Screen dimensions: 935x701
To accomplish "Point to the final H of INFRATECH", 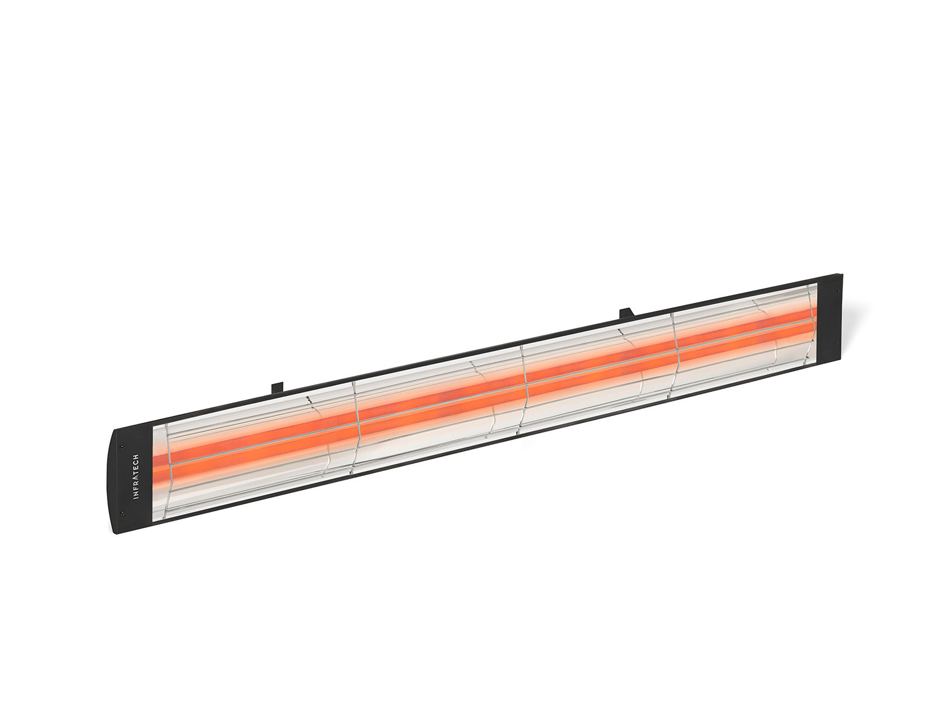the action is point(136,457).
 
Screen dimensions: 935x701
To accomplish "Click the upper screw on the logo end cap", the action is point(122,447).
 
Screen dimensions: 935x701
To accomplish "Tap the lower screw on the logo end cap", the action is point(122,512).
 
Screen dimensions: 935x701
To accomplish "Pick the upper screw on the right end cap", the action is point(839,291).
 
